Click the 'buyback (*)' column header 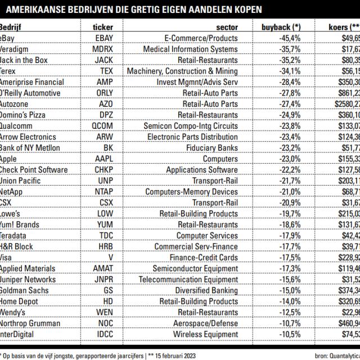[x=281, y=27]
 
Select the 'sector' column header [x=227, y=27]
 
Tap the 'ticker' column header [x=103, y=27]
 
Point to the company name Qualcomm [x=19, y=126]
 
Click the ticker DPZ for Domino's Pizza [x=105, y=115]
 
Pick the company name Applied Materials [x=28, y=269]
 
